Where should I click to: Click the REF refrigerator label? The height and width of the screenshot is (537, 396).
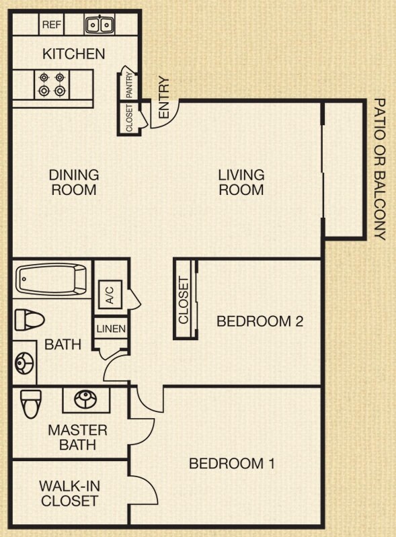click(x=52, y=25)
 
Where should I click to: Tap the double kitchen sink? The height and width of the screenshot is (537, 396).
click(x=100, y=25)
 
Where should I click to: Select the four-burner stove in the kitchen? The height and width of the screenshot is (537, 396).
click(x=52, y=85)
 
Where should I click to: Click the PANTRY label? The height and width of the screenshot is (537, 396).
click(x=130, y=85)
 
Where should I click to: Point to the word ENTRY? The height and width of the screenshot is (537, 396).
click(x=164, y=97)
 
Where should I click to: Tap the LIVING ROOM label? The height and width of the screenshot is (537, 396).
click(x=241, y=182)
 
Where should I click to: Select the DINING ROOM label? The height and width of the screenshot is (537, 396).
click(x=74, y=182)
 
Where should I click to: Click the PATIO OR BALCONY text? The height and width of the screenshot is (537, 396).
click(x=380, y=169)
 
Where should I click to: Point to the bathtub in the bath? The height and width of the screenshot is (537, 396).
click(x=52, y=280)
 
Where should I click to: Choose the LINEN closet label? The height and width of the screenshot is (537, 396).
click(x=111, y=329)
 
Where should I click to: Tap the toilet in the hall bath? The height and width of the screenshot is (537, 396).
click(x=30, y=320)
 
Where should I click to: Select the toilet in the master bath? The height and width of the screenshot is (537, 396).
click(x=31, y=404)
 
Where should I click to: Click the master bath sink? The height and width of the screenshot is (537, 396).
click(x=85, y=399)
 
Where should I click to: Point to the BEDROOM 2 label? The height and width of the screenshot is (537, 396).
click(x=260, y=321)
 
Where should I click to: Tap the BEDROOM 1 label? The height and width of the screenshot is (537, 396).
click(x=232, y=463)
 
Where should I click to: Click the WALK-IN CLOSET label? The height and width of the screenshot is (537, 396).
click(x=69, y=493)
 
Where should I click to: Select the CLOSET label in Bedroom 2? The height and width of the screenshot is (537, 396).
click(x=184, y=300)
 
